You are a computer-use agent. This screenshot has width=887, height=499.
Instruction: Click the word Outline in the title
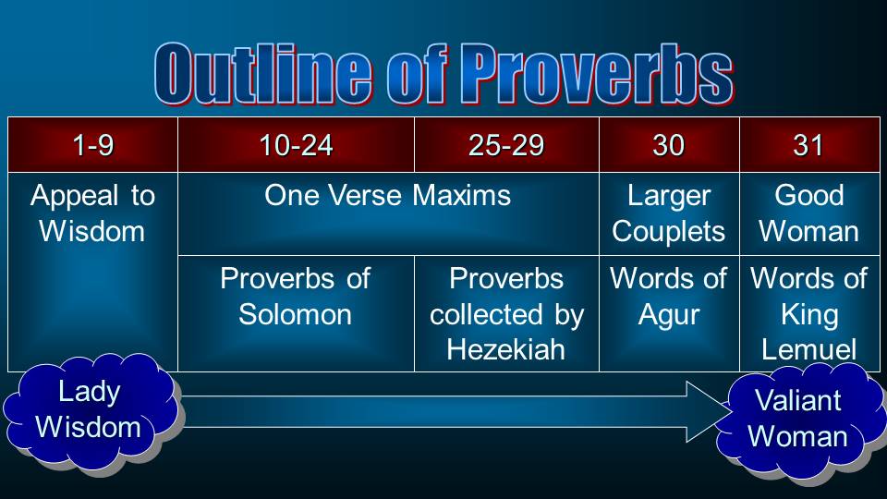[263, 74]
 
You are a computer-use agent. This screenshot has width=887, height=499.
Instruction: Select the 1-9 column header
[92, 145]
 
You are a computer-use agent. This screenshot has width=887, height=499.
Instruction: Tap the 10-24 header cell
[296, 145]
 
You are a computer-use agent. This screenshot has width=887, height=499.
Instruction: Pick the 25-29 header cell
[506, 145]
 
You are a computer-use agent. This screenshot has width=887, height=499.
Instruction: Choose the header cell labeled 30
[669, 145]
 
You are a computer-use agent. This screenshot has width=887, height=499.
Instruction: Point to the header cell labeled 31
[809, 145]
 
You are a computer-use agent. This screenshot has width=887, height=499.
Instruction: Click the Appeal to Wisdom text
[92, 213]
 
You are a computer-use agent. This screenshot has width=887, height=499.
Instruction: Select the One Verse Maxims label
[387, 195]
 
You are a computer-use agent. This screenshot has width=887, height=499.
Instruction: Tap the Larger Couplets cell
[669, 213]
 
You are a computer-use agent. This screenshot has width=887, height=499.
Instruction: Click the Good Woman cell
[809, 213]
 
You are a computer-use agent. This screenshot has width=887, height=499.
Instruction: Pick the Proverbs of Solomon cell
[296, 313]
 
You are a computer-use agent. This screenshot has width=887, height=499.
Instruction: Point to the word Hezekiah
[505, 349]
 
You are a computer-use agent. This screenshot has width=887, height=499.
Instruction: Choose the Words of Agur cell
[669, 313]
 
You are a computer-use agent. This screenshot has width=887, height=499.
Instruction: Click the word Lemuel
[809, 349]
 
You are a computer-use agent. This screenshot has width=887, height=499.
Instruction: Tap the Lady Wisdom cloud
[91, 411]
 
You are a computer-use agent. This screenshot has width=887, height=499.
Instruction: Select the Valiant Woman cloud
[798, 421]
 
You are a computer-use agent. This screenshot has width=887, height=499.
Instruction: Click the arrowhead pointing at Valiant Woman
[707, 411]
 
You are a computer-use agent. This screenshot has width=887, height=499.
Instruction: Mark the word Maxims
[462, 195]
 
